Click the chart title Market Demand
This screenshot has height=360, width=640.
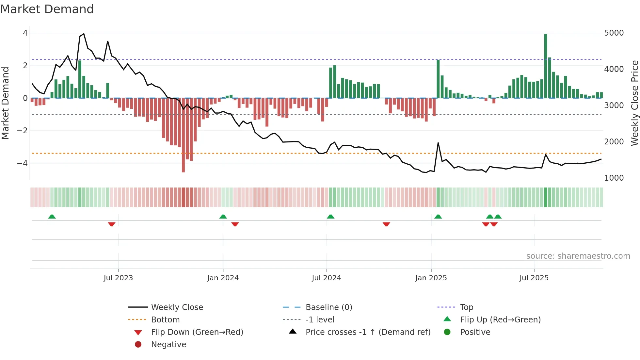47,9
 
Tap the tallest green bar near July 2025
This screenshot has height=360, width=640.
546,65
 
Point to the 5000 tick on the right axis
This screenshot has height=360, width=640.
614,33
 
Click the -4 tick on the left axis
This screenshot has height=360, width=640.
22,163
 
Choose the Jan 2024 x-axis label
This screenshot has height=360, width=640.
223,278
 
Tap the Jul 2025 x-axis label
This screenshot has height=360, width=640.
534,278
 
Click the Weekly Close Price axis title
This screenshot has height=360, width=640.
634,103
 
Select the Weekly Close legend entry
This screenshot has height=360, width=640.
177,307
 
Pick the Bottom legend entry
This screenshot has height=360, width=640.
165,320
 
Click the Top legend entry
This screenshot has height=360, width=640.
467,307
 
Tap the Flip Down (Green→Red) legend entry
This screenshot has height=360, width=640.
197,332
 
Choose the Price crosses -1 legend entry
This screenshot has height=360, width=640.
368,332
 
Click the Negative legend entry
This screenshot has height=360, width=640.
168,345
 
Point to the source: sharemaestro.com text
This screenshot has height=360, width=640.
578,256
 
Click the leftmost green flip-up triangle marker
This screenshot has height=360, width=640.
52,217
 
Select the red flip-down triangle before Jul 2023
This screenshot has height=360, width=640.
112,224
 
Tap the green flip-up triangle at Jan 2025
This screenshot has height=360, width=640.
438,217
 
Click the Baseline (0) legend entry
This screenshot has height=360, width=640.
328,307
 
